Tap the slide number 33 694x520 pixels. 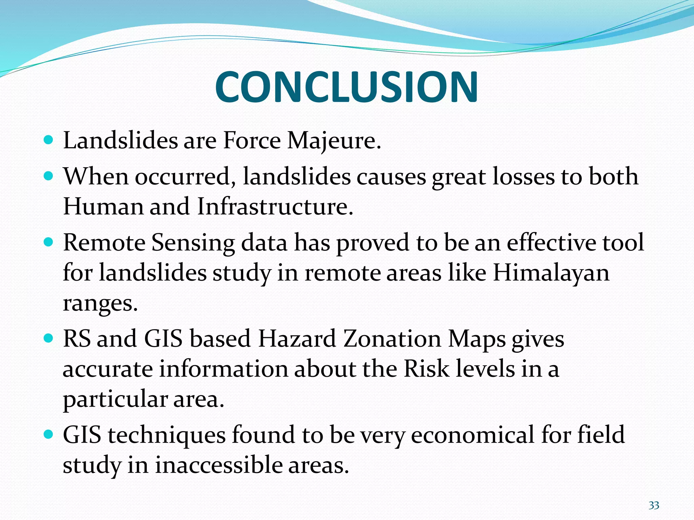click(654, 505)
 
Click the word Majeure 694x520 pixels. click(334, 140)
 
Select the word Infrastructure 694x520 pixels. click(275, 207)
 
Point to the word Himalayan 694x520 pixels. click(551, 273)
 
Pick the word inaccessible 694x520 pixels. click(219, 465)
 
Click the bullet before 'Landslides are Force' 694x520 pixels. click(49, 140)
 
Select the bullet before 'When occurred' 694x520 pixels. click(49, 176)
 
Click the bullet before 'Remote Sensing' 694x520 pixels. click(49, 242)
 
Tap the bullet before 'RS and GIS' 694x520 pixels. click(49, 338)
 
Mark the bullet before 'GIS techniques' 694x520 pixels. click(49, 434)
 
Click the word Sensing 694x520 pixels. click(193, 243)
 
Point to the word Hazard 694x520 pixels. click(297, 339)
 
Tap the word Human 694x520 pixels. click(103, 207)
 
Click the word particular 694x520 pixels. click(115, 399)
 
